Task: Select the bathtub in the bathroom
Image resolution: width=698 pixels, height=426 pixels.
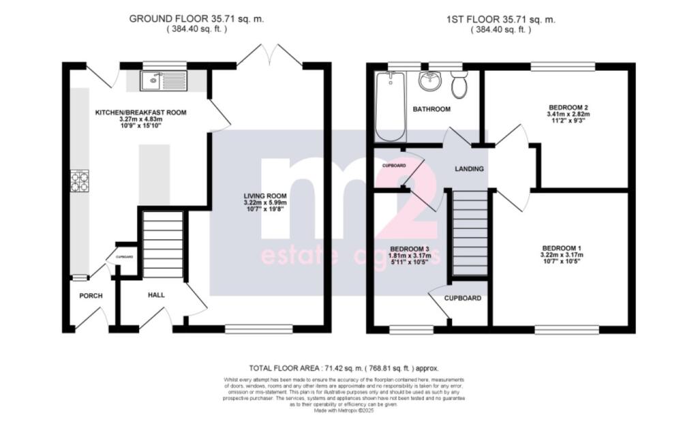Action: coord(390,107)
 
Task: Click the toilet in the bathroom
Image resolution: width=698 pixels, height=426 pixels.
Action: coord(459,85)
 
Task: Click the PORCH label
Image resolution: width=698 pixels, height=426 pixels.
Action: coord(91,296)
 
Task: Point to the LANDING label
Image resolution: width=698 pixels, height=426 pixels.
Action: coord(470,169)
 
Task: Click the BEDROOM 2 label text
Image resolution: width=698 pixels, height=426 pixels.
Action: coord(568,107)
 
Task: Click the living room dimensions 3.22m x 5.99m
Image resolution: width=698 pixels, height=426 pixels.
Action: coord(265,203)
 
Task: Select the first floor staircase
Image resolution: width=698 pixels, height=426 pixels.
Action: coord(470,232)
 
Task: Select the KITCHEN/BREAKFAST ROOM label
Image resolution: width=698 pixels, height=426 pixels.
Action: coord(140,112)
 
